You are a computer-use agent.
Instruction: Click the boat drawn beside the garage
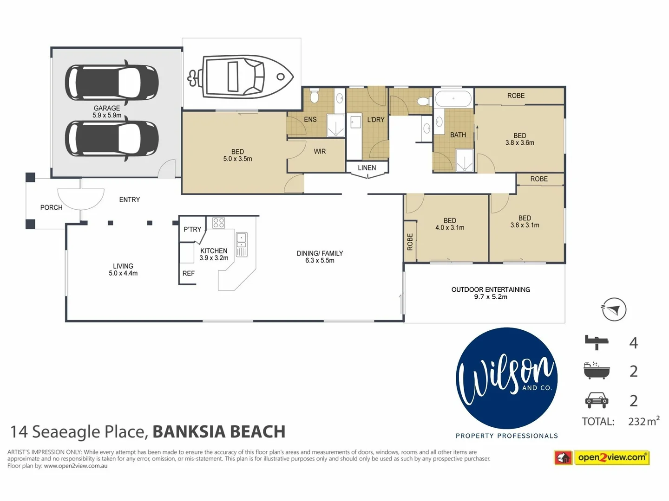[x=241, y=77]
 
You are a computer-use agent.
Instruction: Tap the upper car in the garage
[x=111, y=83]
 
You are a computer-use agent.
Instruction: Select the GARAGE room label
[x=107, y=109]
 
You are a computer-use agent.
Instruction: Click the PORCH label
[x=51, y=207]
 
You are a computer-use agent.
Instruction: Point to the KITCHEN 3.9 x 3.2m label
[x=214, y=254]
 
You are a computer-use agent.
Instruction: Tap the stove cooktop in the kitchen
[x=218, y=223]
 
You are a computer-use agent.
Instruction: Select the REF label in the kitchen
[x=189, y=273]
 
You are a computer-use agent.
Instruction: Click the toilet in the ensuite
[x=314, y=96]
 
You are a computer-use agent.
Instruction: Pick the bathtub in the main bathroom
[x=453, y=99]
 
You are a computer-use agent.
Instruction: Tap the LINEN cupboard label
[x=367, y=167]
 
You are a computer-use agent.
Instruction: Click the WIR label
[x=320, y=151]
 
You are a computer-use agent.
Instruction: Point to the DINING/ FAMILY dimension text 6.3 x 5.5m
[x=320, y=261]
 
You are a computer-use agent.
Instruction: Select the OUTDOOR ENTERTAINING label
[x=491, y=289]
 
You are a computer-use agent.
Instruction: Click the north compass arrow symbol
[x=614, y=309]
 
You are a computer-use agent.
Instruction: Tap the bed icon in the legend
[x=597, y=342]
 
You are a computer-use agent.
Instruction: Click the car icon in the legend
[x=597, y=400]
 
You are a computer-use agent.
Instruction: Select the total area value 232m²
[x=643, y=421]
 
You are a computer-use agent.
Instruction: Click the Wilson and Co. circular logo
[x=507, y=378]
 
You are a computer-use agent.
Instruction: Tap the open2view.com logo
[x=611, y=457]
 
